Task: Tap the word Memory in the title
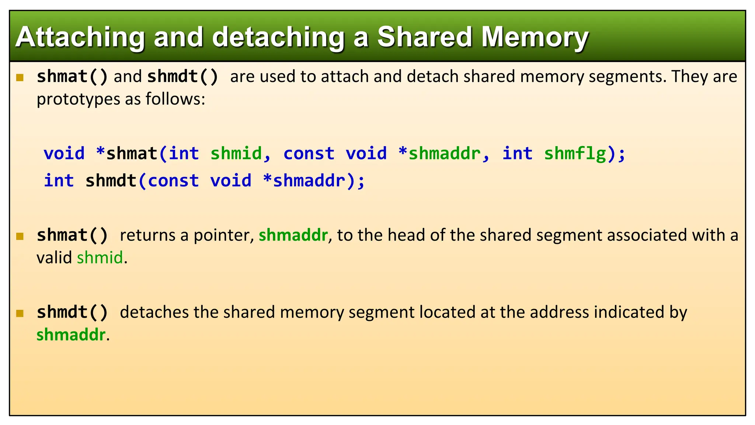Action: [x=535, y=38]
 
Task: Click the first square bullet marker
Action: [x=20, y=77]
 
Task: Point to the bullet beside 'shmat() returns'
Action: [x=20, y=236]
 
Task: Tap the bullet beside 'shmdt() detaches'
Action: [x=20, y=314]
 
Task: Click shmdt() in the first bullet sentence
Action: [x=183, y=77]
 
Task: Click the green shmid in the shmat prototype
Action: [x=236, y=153]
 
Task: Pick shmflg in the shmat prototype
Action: [x=575, y=153]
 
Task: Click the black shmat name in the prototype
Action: [x=132, y=153]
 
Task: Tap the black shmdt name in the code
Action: [x=111, y=181]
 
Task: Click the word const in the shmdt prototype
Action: [x=173, y=181]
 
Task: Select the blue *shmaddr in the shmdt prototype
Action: [x=304, y=181]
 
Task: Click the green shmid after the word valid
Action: [x=100, y=258]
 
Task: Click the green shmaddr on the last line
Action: [x=71, y=335]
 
